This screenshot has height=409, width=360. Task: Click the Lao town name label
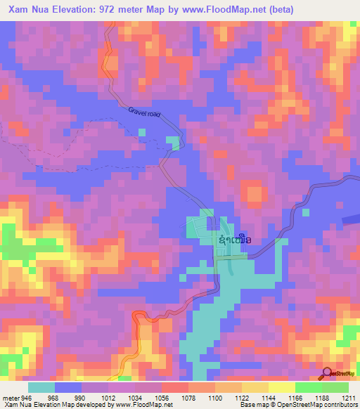(x=235, y=240)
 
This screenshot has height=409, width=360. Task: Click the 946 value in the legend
(x=27, y=397)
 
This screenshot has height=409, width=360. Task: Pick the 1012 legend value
(x=108, y=397)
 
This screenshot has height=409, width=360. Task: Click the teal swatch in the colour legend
(x=41, y=387)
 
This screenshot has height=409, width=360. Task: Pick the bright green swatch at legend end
(x=335, y=387)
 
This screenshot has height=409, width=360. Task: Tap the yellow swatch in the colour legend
(x=281, y=387)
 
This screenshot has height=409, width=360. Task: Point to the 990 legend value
(x=79, y=397)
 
